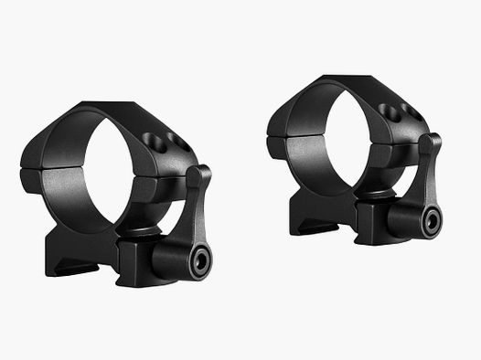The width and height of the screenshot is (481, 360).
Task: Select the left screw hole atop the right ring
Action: coord(390,110)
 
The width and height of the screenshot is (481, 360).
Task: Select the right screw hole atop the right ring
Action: coord(403,117)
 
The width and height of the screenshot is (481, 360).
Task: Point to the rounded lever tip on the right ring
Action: coord(433,142)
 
